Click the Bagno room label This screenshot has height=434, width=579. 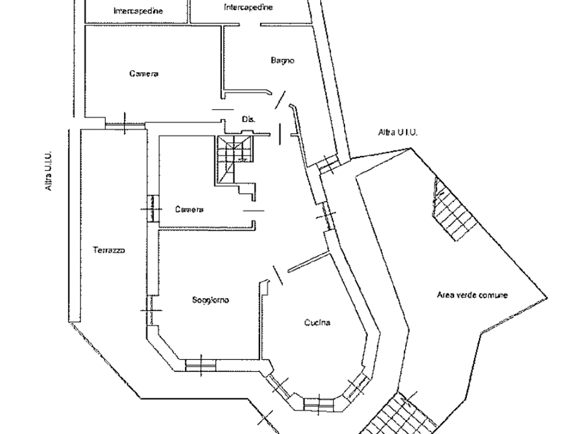[x=282, y=60]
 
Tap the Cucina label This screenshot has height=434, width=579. [x=317, y=323]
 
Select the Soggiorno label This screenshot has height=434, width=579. [x=210, y=300]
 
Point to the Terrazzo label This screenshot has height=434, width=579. [x=109, y=250]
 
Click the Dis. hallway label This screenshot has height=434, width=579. [x=248, y=119]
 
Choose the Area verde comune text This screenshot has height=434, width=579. [x=472, y=295]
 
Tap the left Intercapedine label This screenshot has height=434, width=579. [x=138, y=11]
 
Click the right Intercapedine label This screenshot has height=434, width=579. [x=248, y=7]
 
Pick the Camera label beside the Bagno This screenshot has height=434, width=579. [x=144, y=74]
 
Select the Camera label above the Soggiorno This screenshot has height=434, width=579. [x=189, y=210]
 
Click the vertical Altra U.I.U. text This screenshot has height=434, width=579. [x=48, y=171]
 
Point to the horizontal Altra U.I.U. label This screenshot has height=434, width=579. [x=397, y=132]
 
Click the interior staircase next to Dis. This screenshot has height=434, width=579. [x=234, y=159]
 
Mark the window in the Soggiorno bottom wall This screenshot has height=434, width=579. [x=200, y=365]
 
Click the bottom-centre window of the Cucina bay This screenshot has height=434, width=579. [x=318, y=404]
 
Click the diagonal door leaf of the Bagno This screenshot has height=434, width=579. [x=280, y=100]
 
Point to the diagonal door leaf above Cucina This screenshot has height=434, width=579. [x=277, y=275]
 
